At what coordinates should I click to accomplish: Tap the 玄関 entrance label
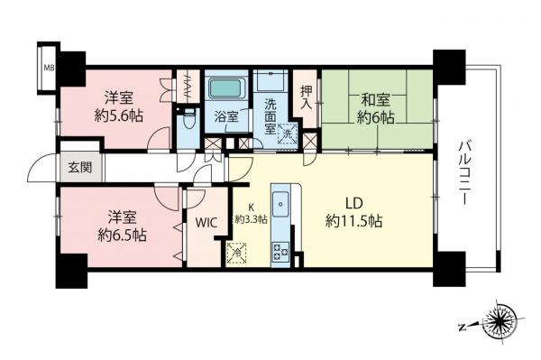click(x=73, y=166)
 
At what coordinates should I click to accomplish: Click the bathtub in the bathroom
click(x=225, y=89)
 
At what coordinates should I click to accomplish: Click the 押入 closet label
click(x=306, y=94)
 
